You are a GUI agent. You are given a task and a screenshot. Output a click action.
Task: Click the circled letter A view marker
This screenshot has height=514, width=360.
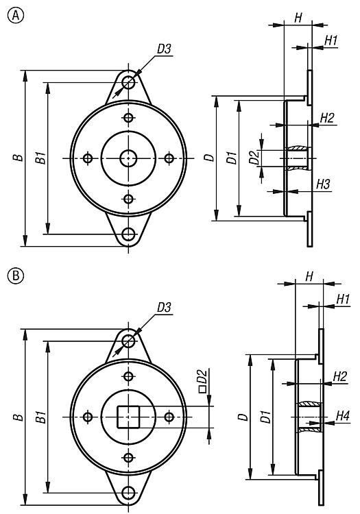15,15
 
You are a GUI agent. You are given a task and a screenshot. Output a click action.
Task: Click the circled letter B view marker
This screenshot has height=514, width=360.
15,276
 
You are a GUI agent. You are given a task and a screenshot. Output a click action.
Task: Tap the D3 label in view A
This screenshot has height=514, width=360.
164,49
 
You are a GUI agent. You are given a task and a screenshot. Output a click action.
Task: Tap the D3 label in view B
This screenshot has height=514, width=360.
164,308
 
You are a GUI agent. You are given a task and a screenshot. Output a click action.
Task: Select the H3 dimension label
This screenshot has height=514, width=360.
323,184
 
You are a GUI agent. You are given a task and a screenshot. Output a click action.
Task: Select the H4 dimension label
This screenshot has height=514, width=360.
343,416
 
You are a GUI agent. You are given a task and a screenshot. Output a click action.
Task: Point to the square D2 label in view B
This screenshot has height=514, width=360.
203,381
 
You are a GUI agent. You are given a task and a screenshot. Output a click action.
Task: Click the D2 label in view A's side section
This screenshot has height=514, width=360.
254,158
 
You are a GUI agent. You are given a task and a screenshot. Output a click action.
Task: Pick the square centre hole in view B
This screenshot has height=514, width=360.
128,417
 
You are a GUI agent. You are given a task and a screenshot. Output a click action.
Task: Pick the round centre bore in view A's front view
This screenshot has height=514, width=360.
128,159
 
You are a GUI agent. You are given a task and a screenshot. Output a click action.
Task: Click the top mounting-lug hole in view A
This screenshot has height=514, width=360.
128,83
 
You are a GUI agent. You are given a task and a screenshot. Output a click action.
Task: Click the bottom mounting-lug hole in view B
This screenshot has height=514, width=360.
128,493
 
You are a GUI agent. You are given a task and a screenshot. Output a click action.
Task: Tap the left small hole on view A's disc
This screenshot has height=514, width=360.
88,159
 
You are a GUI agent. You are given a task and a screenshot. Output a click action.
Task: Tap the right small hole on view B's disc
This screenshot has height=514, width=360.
169,417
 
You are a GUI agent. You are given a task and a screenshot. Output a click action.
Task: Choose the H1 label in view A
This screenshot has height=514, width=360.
331,41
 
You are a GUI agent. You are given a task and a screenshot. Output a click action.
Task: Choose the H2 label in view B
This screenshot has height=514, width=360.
339,377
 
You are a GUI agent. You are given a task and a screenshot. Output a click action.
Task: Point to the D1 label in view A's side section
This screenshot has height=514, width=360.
232,158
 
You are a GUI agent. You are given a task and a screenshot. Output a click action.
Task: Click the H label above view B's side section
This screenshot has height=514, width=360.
309,277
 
